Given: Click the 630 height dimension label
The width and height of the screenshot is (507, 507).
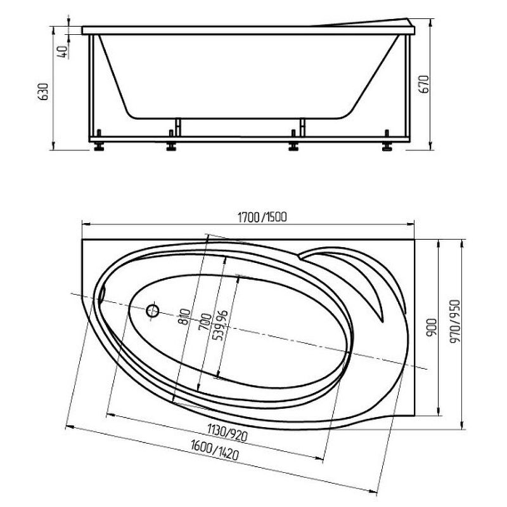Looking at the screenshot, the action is tap(43, 91).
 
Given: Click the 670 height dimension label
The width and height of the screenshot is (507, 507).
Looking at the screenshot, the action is tap(424, 84).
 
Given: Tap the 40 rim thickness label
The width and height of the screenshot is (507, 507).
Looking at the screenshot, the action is tap(62, 52).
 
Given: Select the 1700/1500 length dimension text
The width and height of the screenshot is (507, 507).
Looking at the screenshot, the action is tap(262, 217).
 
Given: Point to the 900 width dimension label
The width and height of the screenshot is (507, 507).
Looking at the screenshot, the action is tap(432, 327).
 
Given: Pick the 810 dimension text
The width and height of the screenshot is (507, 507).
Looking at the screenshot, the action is tap(184, 317).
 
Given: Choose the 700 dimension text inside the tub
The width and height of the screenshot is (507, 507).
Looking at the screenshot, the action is tap(206, 322).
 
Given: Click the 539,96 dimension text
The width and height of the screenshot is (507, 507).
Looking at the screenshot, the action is tap(221, 325).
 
